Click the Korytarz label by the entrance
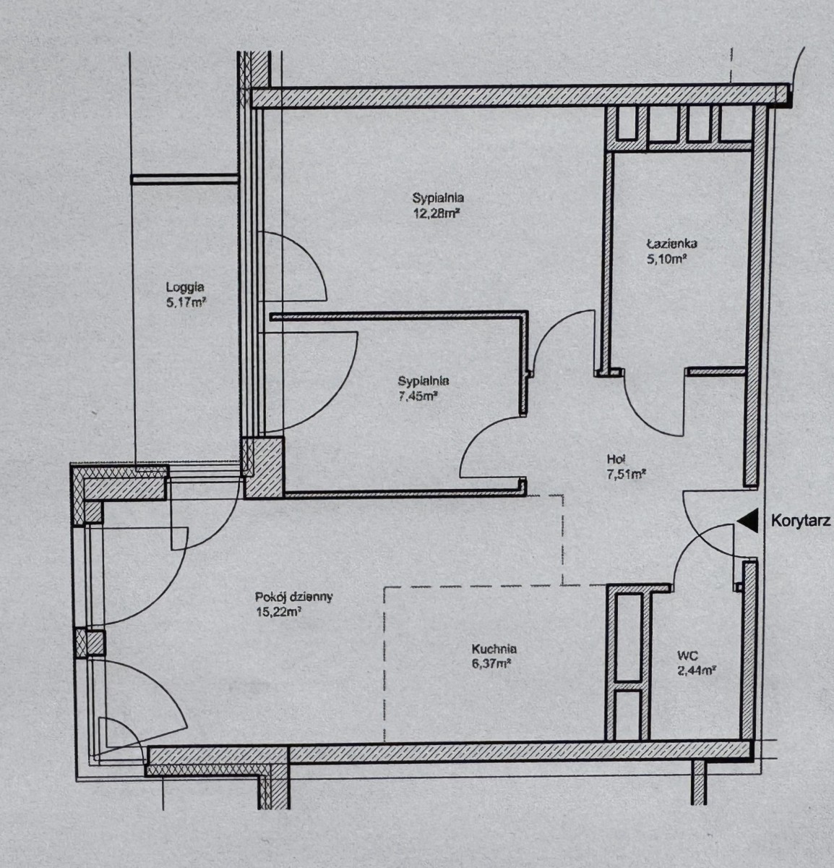(x=801, y=521)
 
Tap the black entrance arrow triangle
(x=749, y=521)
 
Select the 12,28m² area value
(x=436, y=213)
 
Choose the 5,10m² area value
(x=666, y=259)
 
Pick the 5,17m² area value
(x=186, y=303)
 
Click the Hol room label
(x=616, y=459)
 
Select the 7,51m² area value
(x=627, y=474)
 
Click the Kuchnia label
(x=494, y=648)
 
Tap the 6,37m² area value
(x=491, y=664)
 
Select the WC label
(x=687, y=655)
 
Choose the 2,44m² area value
(x=697, y=671)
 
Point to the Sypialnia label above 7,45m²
(x=424, y=380)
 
